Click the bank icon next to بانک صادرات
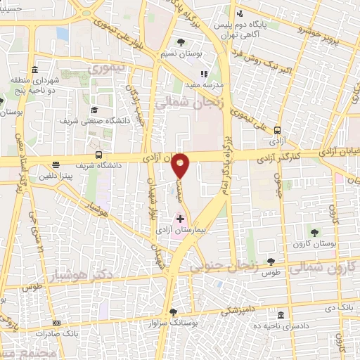(x=56, y=324)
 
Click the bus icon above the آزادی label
(x=278, y=130)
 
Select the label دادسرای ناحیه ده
(x=309, y=326)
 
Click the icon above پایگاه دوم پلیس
(x=239, y=13)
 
